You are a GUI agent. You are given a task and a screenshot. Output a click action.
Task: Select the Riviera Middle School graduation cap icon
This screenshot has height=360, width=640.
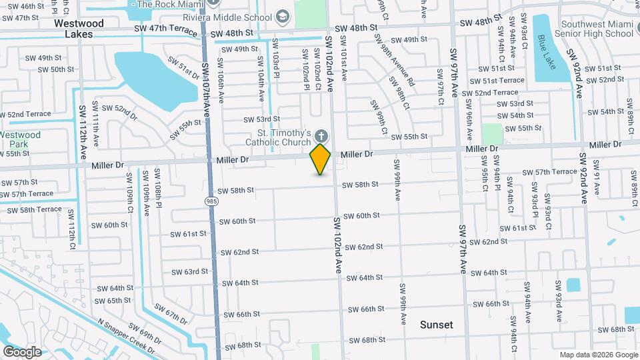pos(283,16)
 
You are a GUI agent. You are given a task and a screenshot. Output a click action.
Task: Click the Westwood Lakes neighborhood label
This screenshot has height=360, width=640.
pos(79,29)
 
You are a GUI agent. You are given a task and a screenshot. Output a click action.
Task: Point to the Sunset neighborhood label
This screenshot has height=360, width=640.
pos(437,325)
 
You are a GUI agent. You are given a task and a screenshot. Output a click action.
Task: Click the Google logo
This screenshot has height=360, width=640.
pos(22,351)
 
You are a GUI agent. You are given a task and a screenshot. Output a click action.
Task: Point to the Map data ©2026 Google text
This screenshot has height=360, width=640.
pos(598,355)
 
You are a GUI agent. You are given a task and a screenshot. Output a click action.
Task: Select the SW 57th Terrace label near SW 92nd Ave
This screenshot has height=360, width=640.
pos(549,172)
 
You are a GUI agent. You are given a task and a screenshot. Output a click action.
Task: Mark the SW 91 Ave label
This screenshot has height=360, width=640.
pos(597,183)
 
